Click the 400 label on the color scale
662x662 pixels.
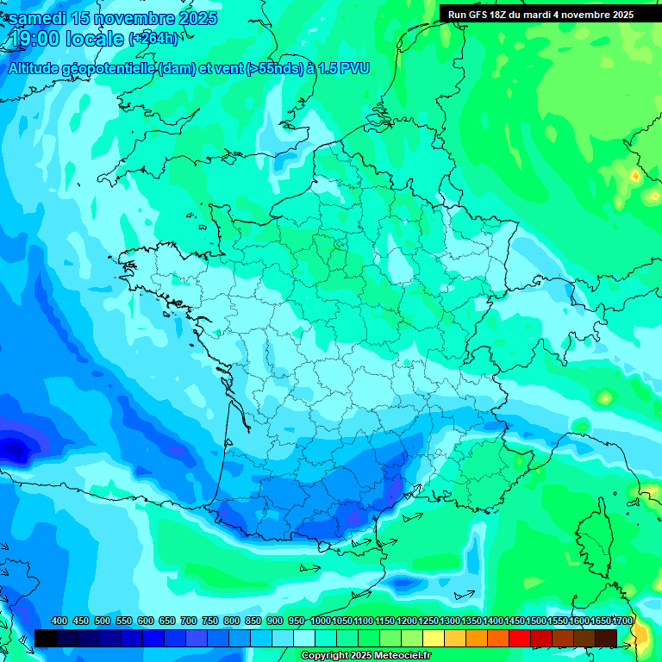[59, 621]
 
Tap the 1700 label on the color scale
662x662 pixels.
[622, 621]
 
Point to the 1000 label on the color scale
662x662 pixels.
[321, 621]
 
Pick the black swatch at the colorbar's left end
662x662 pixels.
[46, 638]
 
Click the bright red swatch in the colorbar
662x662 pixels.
[520, 638]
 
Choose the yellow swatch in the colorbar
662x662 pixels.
[434, 638]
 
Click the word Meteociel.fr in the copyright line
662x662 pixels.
[397, 656]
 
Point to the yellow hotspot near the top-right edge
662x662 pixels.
[635, 176]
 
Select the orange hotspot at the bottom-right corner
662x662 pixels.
[641, 638]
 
